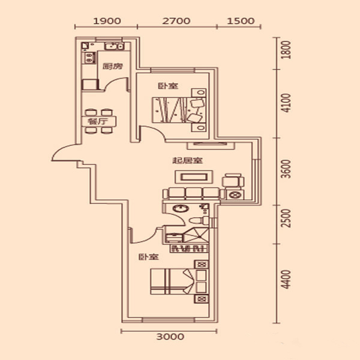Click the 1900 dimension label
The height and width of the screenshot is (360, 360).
tap(107, 21)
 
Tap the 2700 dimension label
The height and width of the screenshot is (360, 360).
tap(176, 21)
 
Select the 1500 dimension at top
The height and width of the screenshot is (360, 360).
tap(241, 21)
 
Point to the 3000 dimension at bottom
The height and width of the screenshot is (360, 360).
tap(170, 337)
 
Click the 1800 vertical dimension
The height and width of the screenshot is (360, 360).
tap(286, 50)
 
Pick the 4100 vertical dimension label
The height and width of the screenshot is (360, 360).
tap(286, 103)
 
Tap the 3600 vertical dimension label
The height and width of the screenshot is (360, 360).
tap(286, 169)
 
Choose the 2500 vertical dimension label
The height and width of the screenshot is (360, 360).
tap(286, 218)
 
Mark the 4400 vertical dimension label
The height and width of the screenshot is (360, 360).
tap(286, 279)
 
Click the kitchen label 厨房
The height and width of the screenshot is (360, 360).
tap(113, 67)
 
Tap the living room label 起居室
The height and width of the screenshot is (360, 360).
tap(188, 160)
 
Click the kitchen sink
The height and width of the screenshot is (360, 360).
tap(114, 46)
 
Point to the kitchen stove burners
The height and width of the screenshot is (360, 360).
tap(90, 58)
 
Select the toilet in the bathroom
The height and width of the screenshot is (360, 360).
tap(199, 221)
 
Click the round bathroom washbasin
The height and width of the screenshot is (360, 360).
tap(181, 208)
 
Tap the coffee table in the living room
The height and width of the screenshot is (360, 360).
tap(194, 177)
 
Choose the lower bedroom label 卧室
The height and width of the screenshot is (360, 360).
tap(149, 257)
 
